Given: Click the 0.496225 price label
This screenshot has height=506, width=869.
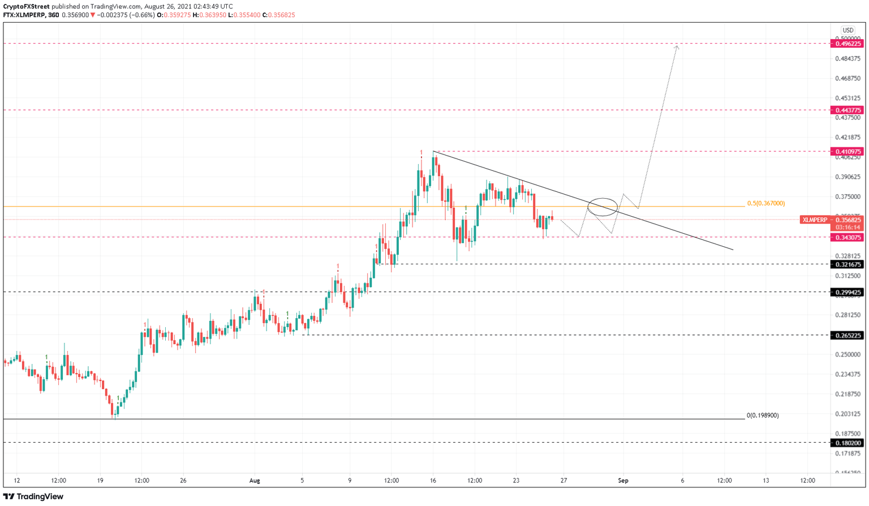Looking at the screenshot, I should (x=846, y=44).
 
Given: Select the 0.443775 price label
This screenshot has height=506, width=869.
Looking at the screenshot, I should (x=846, y=110).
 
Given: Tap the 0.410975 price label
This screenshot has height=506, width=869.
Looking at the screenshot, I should (x=846, y=152).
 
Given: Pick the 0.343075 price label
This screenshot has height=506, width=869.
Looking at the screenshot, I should (x=846, y=238).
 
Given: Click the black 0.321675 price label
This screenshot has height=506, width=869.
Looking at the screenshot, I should (x=846, y=264).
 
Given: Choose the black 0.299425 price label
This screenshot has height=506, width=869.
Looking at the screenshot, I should (x=846, y=293).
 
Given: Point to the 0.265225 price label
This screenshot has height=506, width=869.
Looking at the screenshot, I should (x=846, y=336).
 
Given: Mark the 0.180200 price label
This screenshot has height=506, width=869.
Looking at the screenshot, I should (x=846, y=443).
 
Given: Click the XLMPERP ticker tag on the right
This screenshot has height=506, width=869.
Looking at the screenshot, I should (x=814, y=220).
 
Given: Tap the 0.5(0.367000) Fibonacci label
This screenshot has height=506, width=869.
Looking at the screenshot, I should (x=766, y=203).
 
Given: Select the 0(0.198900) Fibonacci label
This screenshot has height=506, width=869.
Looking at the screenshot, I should (x=763, y=415).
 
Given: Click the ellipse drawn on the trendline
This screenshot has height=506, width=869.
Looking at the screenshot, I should (x=603, y=207).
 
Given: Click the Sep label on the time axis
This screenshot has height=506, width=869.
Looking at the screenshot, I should (x=623, y=481).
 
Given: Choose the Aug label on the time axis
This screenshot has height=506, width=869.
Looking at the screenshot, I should (x=255, y=481).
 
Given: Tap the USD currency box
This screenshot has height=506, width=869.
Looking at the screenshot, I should (x=848, y=30).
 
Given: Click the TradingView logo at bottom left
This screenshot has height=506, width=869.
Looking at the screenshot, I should (x=33, y=496).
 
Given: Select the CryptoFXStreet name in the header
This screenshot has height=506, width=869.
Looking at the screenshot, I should (x=26, y=6).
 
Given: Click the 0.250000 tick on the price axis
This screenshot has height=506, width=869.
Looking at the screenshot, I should (x=848, y=354).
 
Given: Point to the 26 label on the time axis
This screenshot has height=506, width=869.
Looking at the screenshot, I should (x=183, y=481).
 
